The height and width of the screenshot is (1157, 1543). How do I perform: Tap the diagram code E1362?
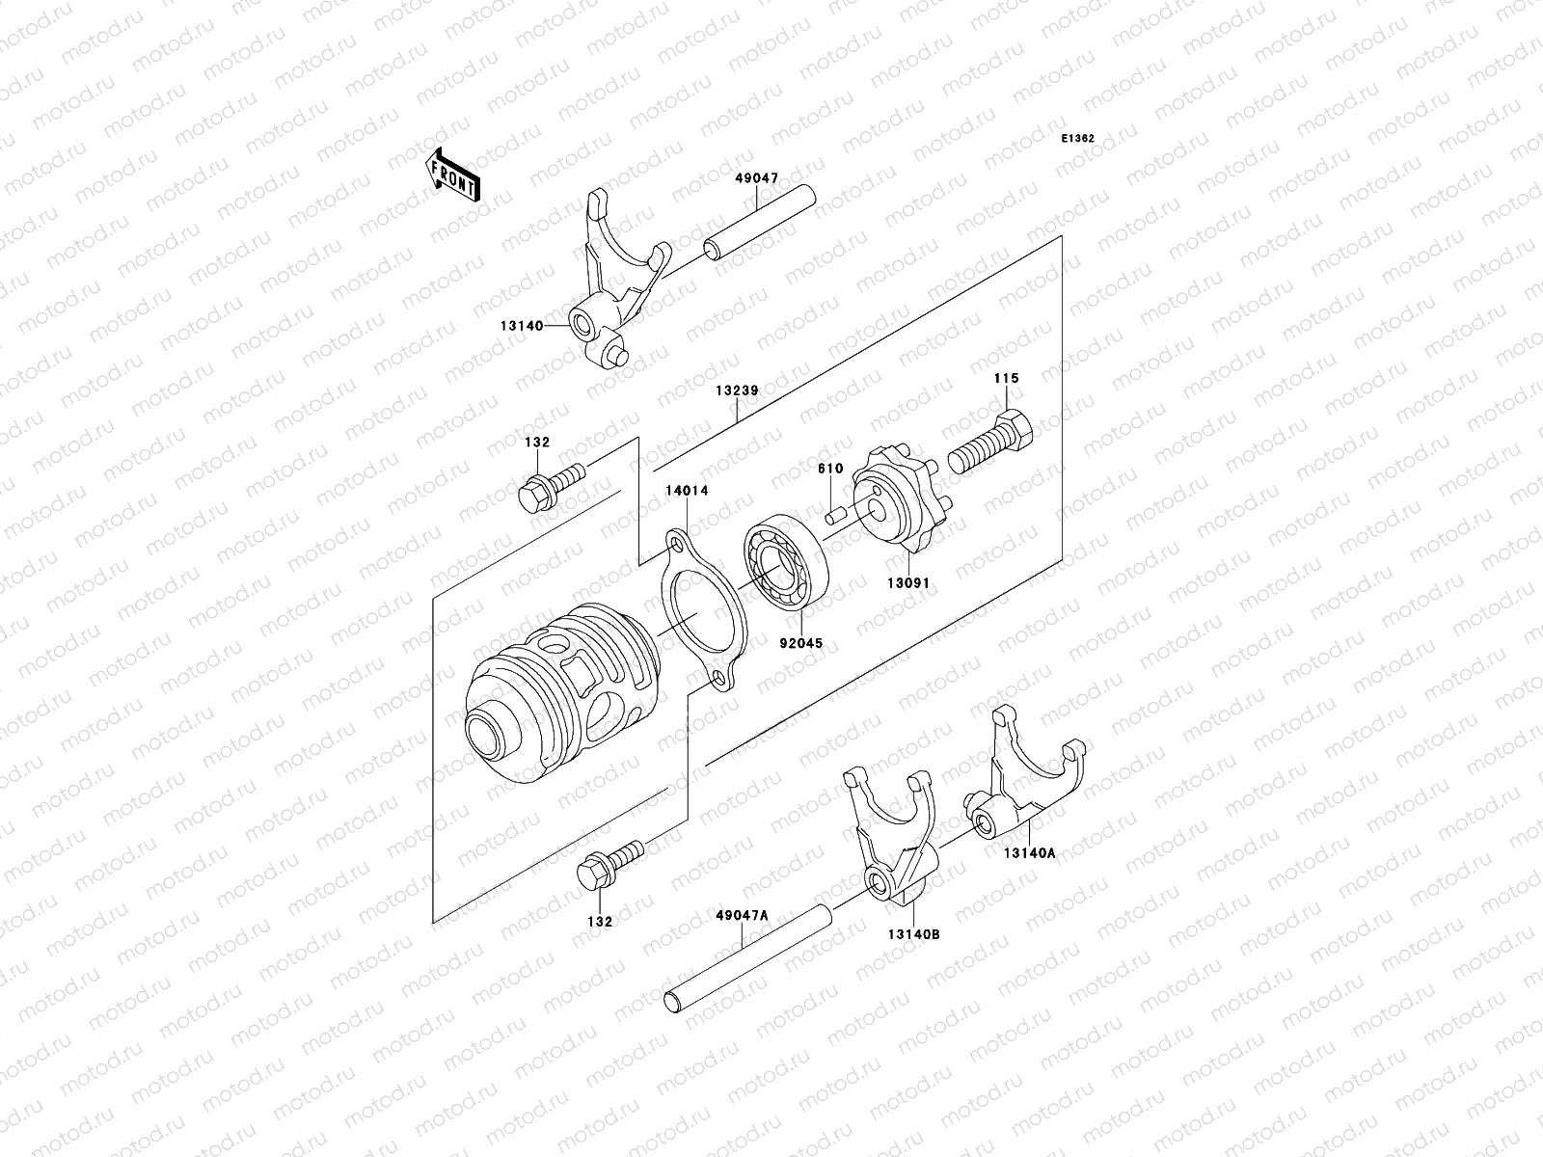pyautogui.click(x=1078, y=139)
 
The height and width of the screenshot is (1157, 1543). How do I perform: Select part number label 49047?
pyautogui.click(x=756, y=178)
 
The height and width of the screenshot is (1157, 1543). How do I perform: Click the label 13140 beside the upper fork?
pyautogui.click(x=521, y=327)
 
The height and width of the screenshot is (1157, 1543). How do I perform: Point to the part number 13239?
pyautogui.click(x=737, y=391)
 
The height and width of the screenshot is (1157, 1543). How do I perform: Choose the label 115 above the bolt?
pyautogui.click(x=1006, y=379)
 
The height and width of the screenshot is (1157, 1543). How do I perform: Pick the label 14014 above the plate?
pyautogui.click(x=686, y=491)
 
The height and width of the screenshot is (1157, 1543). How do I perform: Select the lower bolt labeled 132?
pyautogui.click(x=609, y=865)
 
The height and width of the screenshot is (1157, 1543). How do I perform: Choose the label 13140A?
pyautogui.click(x=1029, y=852)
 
